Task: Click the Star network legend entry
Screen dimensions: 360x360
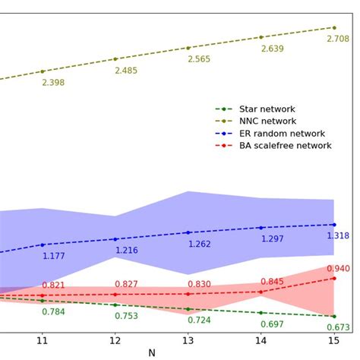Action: [267, 109]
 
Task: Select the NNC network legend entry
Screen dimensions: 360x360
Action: [267, 122]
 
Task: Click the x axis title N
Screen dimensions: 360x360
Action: [152, 353]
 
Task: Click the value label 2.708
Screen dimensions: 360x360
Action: [338, 39]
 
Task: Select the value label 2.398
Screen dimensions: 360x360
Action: [53, 82]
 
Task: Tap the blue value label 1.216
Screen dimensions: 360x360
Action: [127, 250]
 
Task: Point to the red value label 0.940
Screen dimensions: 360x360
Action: [338, 268]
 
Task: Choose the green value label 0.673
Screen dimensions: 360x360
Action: [338, 327]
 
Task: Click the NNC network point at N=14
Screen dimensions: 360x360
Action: [261, 36]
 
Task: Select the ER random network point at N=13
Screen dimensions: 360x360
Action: [188, 232]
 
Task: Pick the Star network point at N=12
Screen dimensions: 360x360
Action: [115, 305]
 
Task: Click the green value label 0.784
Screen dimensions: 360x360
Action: [53, 311]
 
